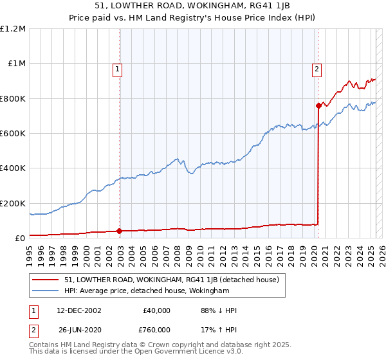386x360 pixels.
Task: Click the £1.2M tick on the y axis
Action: (x=13, y=29)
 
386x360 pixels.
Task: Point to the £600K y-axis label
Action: (x=13, y=134)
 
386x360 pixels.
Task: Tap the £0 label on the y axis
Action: (x=20, y=239)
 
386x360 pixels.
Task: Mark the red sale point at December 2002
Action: (x=120, y=231)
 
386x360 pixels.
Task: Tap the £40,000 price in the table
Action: (x=156, y=310)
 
